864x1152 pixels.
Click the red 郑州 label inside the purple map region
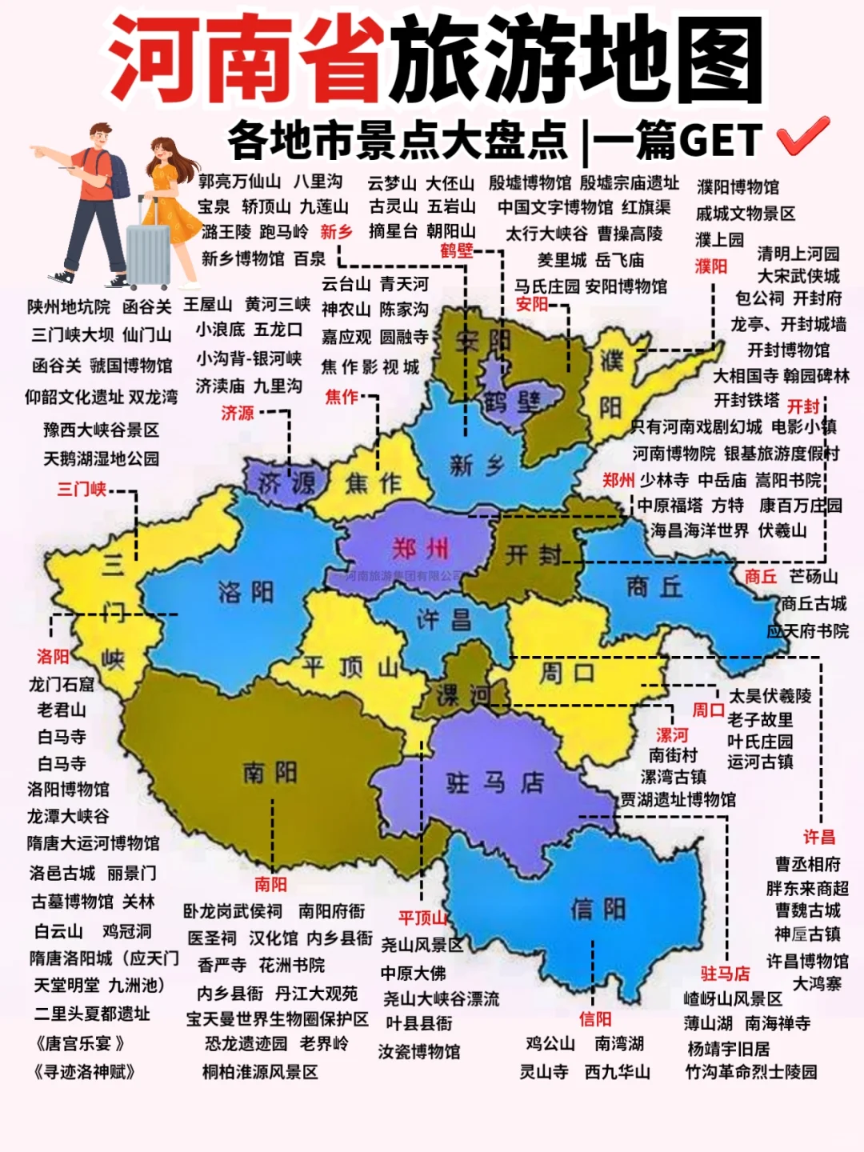[x=421, y=549]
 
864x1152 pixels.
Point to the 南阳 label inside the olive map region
[x=270, y=773]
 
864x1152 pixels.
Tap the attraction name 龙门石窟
[x=62, y=684]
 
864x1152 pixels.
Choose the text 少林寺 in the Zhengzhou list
[x=664, y=480]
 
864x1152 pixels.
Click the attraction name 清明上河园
[x=798, y=254]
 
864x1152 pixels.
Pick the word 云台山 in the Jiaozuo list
[x=346, y=284]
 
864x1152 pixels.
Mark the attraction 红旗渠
[x=646, y=207]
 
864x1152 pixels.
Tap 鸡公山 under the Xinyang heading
[x=550, y=1044]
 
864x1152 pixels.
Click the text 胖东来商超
[x=807, y=888]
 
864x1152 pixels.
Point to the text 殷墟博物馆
[x=530, y=182]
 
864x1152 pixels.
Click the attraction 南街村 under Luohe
[x=673, y=755]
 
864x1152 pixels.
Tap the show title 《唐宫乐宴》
[x=79, y=1044]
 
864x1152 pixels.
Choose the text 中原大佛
[x=414, y=973]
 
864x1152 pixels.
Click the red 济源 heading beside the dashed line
[x=238, y=413]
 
